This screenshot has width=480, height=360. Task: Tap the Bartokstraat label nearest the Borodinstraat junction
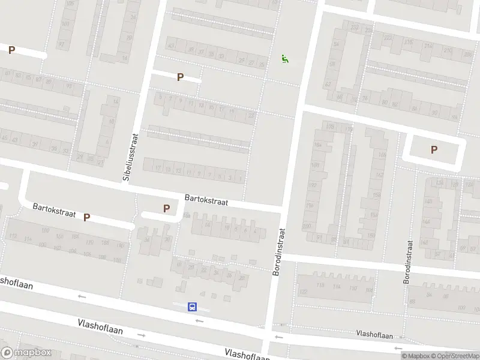click(206, 199)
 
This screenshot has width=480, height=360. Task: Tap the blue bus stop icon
click(193, 307)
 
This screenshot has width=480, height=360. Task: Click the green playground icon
click(284, 58)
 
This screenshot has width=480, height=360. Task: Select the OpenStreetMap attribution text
click(454, 356)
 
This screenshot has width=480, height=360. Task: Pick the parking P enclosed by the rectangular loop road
click(434, 150)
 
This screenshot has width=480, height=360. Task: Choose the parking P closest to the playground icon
click(179, 77)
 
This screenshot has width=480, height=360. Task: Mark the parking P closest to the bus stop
click(166, 208)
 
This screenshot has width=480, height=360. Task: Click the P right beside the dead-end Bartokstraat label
click(86, 217)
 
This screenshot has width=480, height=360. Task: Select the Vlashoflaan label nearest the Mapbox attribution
click(374, 333)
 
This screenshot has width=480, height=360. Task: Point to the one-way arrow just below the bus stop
click(199, 321)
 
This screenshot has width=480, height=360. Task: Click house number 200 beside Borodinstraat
click(307, 226)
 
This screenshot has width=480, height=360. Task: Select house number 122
click(303, 291)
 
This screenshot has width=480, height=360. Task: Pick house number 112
click(12, 236)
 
